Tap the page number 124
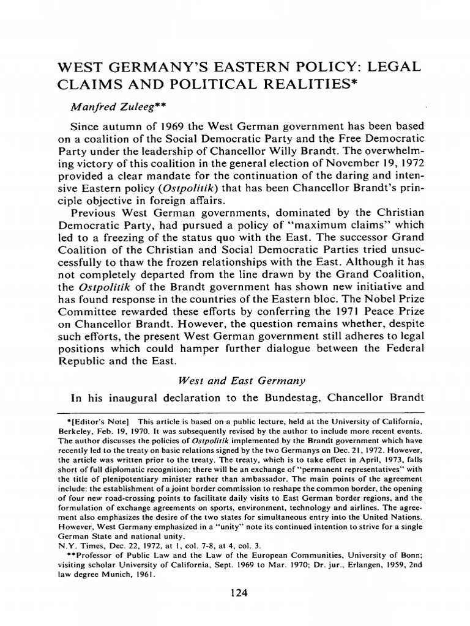(235, 591)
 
